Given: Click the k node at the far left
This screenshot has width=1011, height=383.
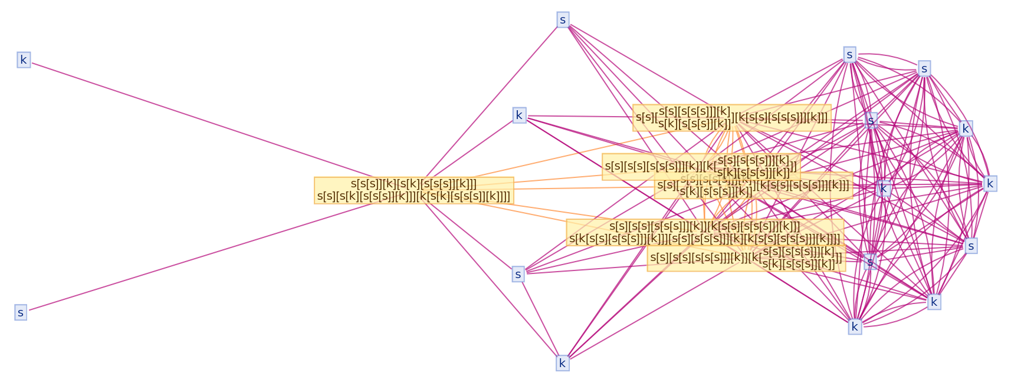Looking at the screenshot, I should (24, 60).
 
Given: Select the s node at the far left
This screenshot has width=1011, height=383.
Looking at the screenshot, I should (21, 312).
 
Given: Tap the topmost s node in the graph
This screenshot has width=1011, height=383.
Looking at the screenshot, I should (563, 20).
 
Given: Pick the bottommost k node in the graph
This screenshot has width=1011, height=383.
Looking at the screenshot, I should (562, 363).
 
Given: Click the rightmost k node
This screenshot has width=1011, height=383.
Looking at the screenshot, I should (990, 184).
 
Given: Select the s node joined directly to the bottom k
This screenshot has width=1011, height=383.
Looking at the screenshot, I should (518, 274).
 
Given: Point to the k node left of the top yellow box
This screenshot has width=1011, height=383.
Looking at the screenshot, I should (519, 115).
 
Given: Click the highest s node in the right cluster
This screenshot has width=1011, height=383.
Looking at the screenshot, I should (849, 55).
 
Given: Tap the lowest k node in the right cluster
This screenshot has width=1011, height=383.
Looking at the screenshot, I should (855, 326).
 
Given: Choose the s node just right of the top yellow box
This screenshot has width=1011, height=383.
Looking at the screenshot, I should (871, 121).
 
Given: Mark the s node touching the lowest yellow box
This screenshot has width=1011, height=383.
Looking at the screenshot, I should (869, 261).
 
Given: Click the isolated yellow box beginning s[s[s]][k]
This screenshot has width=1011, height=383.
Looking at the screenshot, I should (413, 190).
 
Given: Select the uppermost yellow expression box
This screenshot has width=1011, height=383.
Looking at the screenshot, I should (731, 118).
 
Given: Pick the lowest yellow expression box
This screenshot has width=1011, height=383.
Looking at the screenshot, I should (746, 258).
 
